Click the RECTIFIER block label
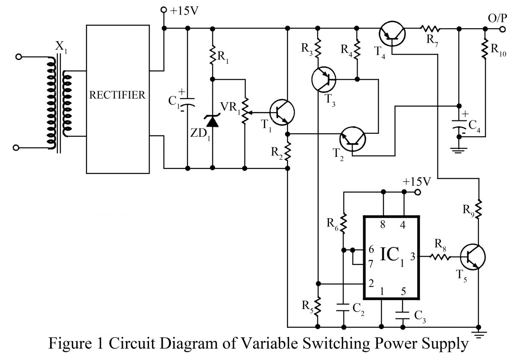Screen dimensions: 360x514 [117, 95]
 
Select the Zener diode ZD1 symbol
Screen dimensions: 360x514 [213, 122]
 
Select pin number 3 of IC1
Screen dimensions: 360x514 [413, 257]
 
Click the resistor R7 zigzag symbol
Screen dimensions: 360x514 [430, 29]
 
